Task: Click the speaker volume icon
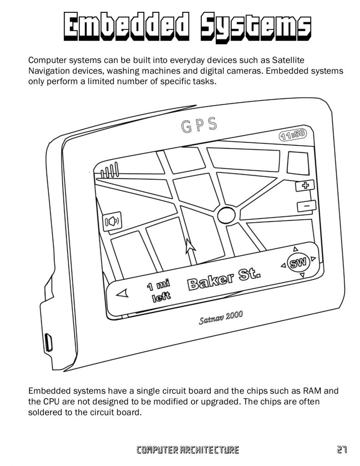[112, 222]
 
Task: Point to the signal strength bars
[109, 171]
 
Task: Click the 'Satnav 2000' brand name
[221, 318]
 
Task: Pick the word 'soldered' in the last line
[46, 413]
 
